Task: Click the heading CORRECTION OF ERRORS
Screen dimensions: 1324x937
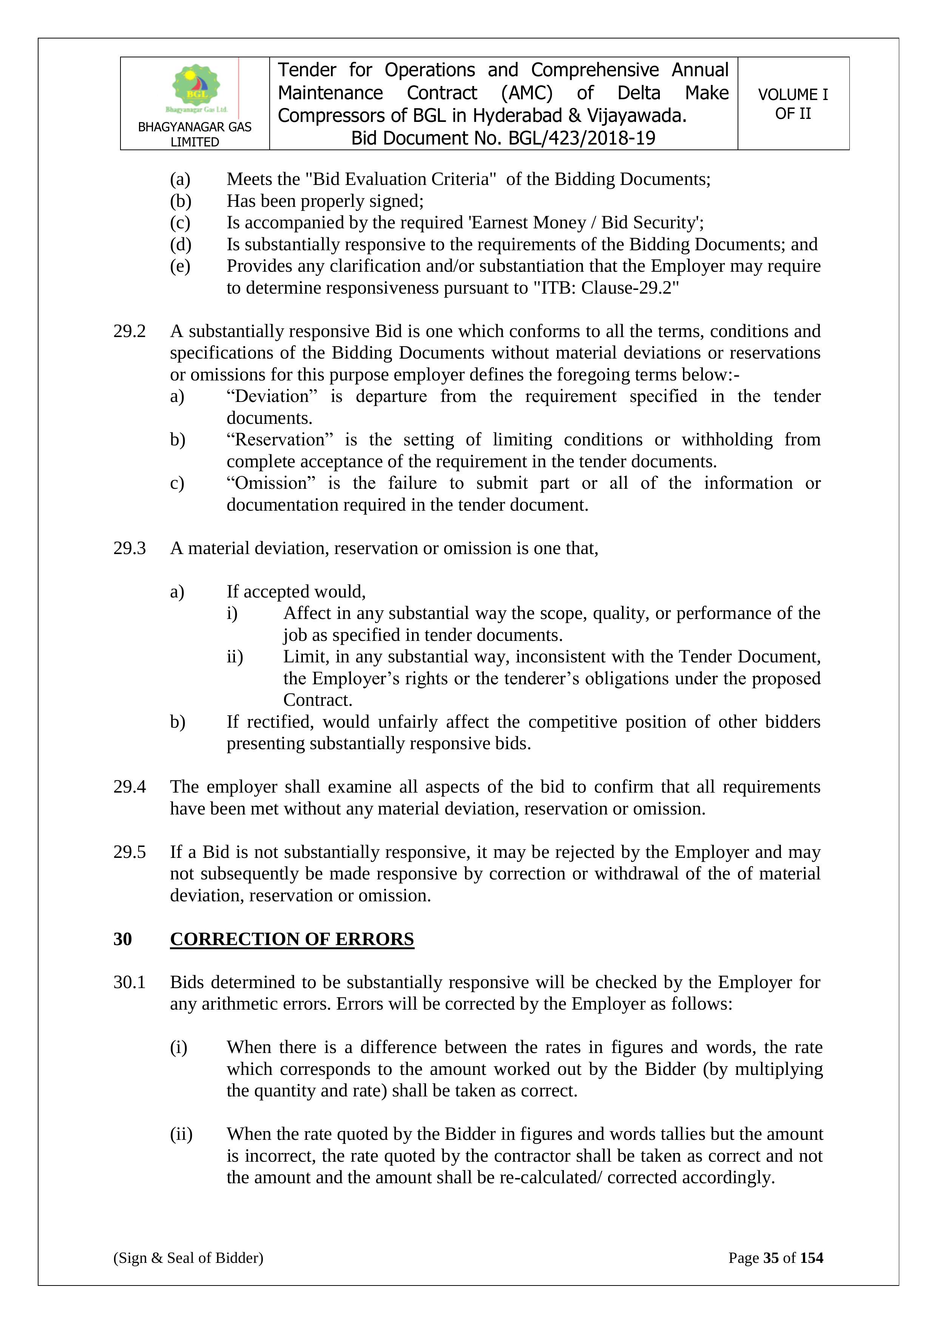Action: pyautogui.click(x=292, y=939)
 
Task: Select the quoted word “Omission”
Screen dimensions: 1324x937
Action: pyautogui.click(x=270, y=483)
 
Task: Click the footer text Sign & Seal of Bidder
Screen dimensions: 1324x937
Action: pyautogui.click(x=188, y=1258)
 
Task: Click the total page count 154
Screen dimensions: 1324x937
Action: pyautogui.click(x=811, y=1258)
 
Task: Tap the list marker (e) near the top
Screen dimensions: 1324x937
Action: pyautogui.click(x=180, y=266)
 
